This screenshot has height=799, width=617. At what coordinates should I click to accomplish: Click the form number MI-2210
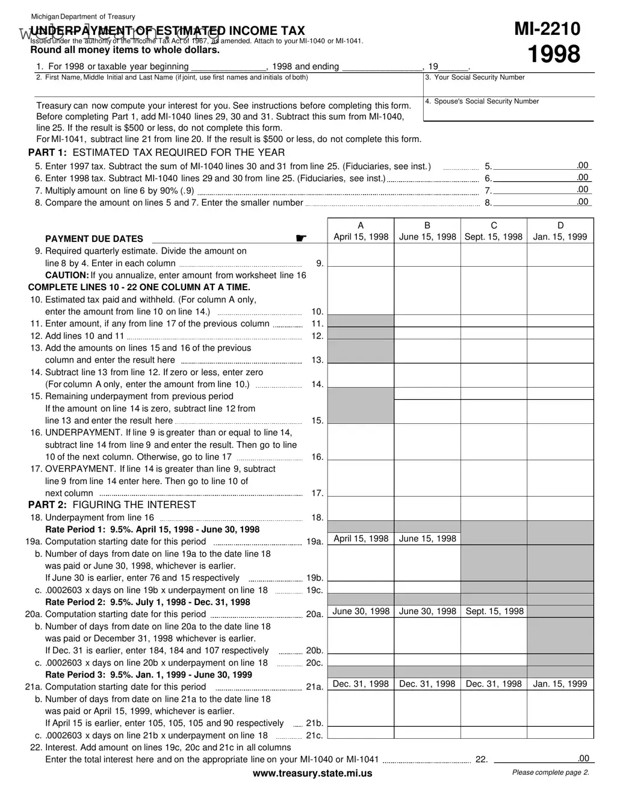(x=547, y=29)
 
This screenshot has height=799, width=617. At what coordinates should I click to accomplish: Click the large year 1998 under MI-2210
(x=554, y=54)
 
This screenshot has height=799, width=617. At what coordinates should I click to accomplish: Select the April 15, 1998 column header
(x=361, y=237)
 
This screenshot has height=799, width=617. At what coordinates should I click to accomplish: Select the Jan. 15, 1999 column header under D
(x=560, y=237)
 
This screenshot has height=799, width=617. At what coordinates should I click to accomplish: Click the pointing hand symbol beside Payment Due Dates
(x=301, y=238)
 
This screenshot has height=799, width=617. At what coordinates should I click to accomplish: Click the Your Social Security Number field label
(x=475, y=78)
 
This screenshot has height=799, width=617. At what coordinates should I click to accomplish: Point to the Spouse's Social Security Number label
(x=482, y=101)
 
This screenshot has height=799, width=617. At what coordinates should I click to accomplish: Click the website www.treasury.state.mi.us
(x=312, y=773)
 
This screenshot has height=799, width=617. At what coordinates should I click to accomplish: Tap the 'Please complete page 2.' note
(x=550, y=773)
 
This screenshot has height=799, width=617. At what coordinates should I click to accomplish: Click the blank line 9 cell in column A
(x=361, y=255)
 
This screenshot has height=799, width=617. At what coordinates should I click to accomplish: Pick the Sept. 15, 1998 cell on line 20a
(x=494, y=611)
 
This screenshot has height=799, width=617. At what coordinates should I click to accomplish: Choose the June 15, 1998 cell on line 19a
(x=427, y=539)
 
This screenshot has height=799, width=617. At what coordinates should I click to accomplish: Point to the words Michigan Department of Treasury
(x=83, y=16)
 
